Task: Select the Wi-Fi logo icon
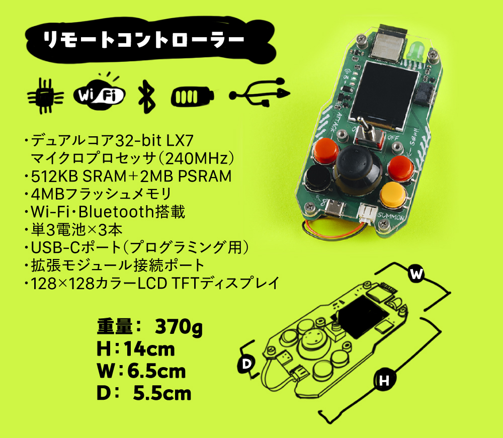point(99,94)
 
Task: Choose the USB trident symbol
point(259,94)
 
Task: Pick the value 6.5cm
point(156,371)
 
